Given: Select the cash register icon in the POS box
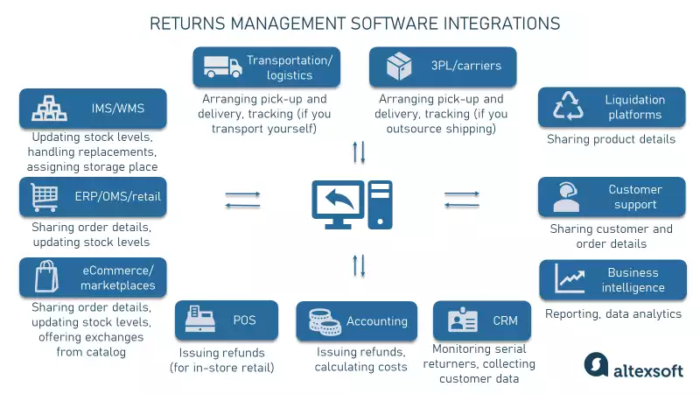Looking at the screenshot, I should coord(198,321).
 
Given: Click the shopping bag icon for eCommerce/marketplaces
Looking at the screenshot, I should coord(45,278).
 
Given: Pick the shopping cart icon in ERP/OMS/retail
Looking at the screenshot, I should coord(45,197).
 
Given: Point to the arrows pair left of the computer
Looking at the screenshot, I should coord(242,200).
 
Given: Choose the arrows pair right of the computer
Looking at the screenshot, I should coord(462,200).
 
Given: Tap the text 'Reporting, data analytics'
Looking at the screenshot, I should coord(612,313).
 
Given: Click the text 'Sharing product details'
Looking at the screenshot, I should coord(611,139).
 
